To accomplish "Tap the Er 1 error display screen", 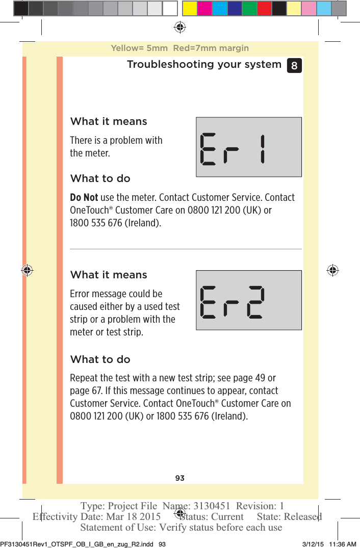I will pos(249,147).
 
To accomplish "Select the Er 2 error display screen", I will pos(249,300).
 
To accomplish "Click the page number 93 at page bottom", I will pos(179,478).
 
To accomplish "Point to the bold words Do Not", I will pos(84,198).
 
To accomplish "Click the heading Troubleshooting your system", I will pos(204,65).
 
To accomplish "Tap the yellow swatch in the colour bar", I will pos(190,9).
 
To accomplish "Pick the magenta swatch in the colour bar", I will pos(205,9).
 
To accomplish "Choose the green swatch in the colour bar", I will pos(249,9).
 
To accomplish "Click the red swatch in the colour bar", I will pos(264,9).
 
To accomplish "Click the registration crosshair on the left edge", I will pos(27,270).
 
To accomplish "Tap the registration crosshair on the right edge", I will pos(332,270).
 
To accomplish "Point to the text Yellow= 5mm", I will pos(139,48).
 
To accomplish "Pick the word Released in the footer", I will pos(303,517).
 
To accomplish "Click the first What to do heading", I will pos(100,179).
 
